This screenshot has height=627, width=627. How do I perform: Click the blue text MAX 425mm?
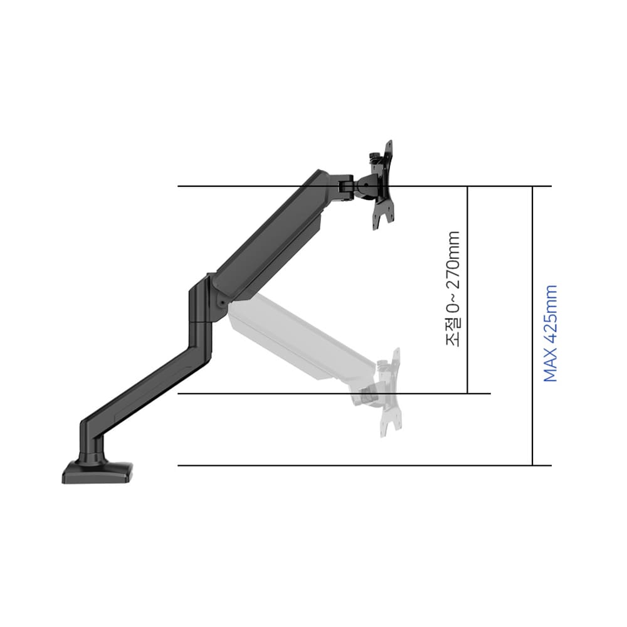tap(551, 333)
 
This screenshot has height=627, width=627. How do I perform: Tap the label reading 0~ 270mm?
tap(453, 272)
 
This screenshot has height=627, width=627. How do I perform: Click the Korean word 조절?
tap(453, 332)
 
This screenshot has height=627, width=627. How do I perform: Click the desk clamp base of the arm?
tap(97, 473)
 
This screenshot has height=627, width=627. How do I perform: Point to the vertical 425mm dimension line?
tap(532, 326)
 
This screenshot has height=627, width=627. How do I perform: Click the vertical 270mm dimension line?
tap(467, 290)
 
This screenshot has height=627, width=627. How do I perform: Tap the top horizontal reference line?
tap(365, 186)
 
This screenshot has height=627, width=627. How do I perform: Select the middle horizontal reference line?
tap(334, 394)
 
